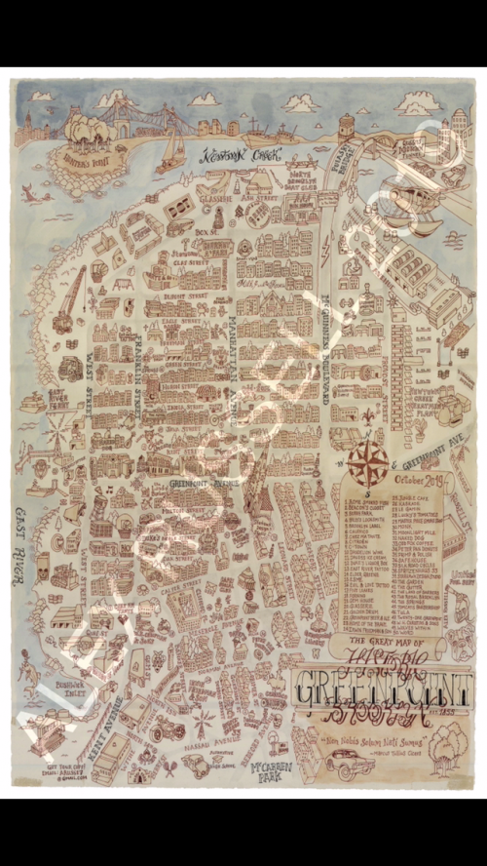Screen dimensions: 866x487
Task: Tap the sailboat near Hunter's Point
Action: [172, 146]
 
